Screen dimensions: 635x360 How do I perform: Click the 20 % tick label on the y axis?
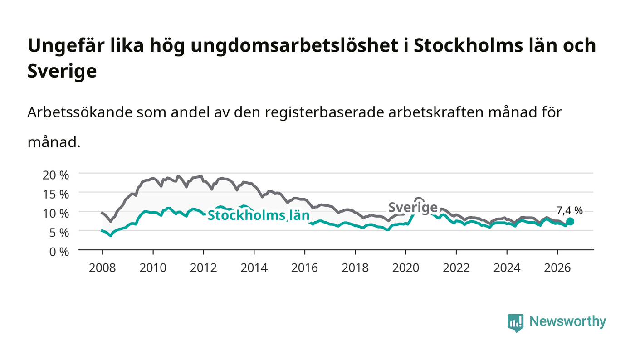[x=55, y=175]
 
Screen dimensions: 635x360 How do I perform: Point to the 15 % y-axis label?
[x=55, y=195]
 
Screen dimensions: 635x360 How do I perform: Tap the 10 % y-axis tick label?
[x=55, y=214]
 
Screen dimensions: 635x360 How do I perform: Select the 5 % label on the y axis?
[x=59, y=233]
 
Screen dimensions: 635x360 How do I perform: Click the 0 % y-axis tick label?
[x=59, y=252]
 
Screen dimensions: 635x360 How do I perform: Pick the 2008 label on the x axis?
[x=103, y=268]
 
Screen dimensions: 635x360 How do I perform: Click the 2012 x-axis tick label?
[x=204, y=268]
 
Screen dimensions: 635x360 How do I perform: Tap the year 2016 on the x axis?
[x=304, y=268]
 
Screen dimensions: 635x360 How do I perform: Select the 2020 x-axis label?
[x=405, y=268]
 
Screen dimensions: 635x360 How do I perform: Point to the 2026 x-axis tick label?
[x=557, y=268]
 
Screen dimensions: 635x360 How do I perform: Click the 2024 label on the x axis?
[x=507, y=268]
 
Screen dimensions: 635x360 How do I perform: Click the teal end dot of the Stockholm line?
[x=570, y=221]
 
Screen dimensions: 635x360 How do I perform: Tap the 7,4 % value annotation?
[x=570, y=211]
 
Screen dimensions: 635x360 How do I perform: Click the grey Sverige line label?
[x=413, y=208]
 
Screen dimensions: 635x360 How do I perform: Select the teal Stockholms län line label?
[x=259, y=215]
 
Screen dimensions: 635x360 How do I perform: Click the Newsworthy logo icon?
[x=515, y=322]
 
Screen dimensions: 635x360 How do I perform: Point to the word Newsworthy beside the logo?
[x=567, y=321]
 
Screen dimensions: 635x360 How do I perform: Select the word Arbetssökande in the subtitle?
[x=80, y=112]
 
